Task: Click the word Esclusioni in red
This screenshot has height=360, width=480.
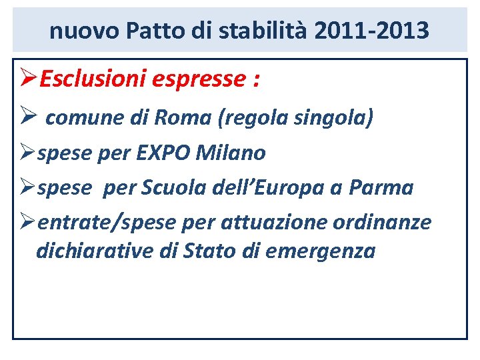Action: tap(93, 79)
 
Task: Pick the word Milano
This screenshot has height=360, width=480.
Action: tap(231, 153)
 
